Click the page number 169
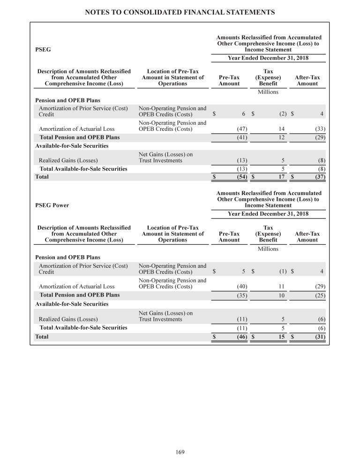180,452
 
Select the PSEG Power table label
52,205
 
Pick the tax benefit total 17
281,177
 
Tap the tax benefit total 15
281,336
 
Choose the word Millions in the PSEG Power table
268,249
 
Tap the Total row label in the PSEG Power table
42,336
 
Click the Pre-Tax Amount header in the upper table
229,80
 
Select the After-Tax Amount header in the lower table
307,236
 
